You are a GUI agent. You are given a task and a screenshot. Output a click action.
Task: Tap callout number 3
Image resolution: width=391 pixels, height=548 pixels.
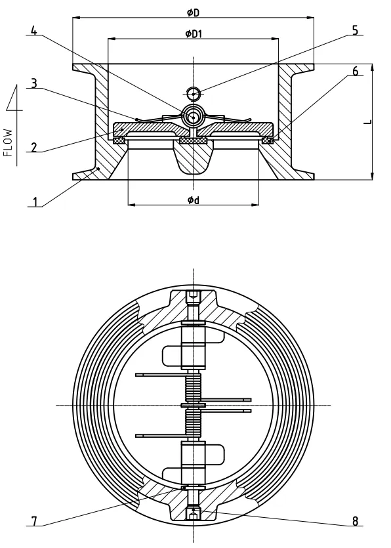(32, 83)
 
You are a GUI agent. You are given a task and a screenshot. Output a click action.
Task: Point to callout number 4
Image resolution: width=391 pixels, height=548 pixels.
(32, 30)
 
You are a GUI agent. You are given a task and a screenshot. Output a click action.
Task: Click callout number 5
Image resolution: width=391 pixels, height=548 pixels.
(354, 30)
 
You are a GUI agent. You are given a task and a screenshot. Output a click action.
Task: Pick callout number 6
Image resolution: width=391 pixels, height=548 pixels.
(355, 71)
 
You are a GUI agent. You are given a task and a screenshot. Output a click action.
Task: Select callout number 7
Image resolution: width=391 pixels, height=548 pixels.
(32, 522)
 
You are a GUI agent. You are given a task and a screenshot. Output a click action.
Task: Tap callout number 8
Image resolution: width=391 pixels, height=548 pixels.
(355, 522)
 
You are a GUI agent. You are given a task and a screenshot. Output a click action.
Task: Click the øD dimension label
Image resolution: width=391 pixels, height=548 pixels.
(193, 12)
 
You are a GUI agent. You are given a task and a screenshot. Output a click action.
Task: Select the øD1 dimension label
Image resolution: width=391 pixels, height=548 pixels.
(193, 33)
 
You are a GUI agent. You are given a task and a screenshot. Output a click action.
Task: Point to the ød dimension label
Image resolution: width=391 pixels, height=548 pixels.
(193, 200)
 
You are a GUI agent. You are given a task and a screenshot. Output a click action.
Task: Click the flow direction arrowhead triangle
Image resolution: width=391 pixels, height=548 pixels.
(11, 100)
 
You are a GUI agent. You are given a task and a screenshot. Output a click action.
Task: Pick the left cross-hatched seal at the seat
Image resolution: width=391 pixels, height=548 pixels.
(120, 140)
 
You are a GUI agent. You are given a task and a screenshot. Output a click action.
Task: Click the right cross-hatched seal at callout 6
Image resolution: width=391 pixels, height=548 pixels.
(267, 140)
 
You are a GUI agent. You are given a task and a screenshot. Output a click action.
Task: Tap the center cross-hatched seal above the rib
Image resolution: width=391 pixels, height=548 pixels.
(194, 140)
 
